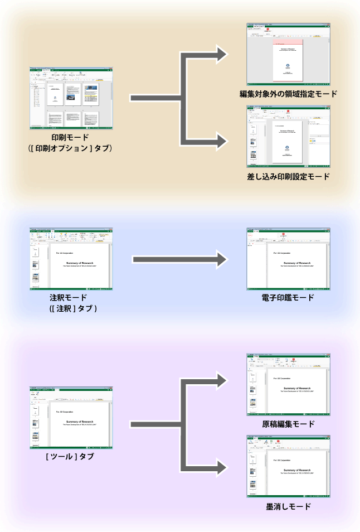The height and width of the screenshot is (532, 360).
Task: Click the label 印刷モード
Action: (x=70, y=137)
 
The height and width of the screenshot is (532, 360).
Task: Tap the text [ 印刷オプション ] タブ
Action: (x=70, y=148)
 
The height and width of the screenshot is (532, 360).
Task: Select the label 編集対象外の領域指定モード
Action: (x=288, y=94)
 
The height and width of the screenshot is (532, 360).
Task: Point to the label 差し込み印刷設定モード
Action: (x=288, y=177)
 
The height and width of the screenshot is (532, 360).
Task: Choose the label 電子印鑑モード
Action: (x=288, y=297)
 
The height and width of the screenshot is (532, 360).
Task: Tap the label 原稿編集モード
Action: (x=288, y=424)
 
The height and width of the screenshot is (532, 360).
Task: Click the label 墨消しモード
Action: (x=288, y=507)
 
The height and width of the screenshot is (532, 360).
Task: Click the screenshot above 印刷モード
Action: (x=71, y=99)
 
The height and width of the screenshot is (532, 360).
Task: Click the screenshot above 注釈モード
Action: (x=71, y=258)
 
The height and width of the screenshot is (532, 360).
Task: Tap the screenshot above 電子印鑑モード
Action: (x=288, y=259)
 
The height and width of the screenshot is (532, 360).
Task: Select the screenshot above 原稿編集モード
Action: (x=288, y=385)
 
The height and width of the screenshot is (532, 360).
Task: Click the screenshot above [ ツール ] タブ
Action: (x=71, y=418)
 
